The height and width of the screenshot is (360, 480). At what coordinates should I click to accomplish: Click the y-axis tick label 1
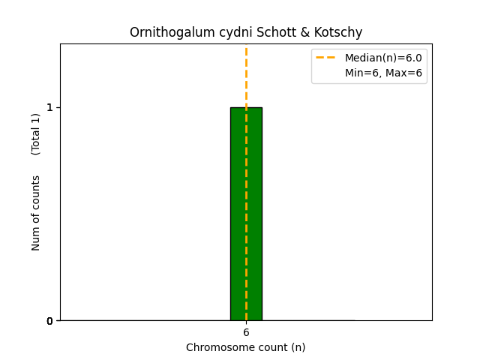point(50,107)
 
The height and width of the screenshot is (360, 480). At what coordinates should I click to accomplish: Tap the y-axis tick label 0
point(50,321)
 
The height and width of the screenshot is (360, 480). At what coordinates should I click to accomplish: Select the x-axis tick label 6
point(246,332)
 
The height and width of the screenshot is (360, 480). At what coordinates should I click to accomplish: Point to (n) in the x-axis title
point(298,347)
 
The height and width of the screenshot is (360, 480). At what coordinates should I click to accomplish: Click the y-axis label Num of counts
point(36,213)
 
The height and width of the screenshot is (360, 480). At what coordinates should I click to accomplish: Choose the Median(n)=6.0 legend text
point(383,58)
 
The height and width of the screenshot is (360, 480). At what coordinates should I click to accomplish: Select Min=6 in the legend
point(363,73)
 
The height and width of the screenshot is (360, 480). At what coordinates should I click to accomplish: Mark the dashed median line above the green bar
point(246,75)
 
